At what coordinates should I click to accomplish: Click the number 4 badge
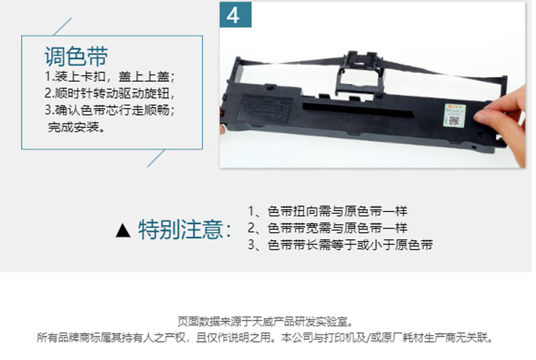[236, 15]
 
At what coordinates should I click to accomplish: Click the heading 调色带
[76, 56]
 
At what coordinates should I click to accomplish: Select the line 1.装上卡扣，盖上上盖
[109, 76]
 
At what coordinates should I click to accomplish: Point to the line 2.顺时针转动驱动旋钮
[109, 93]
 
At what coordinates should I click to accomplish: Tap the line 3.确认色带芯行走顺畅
[109, 110]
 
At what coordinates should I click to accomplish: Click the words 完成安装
[76, 127]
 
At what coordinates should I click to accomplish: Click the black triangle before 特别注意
[123, 230]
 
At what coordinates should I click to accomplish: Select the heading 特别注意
[185, 229]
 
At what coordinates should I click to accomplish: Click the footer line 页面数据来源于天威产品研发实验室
[265, 322]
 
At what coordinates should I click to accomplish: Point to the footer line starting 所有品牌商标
[265, 338]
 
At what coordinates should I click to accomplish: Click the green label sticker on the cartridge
[454, 115]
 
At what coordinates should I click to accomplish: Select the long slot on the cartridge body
[358, 110]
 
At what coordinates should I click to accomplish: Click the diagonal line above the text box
[62, 26]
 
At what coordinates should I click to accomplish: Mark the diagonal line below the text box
[156, 158]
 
